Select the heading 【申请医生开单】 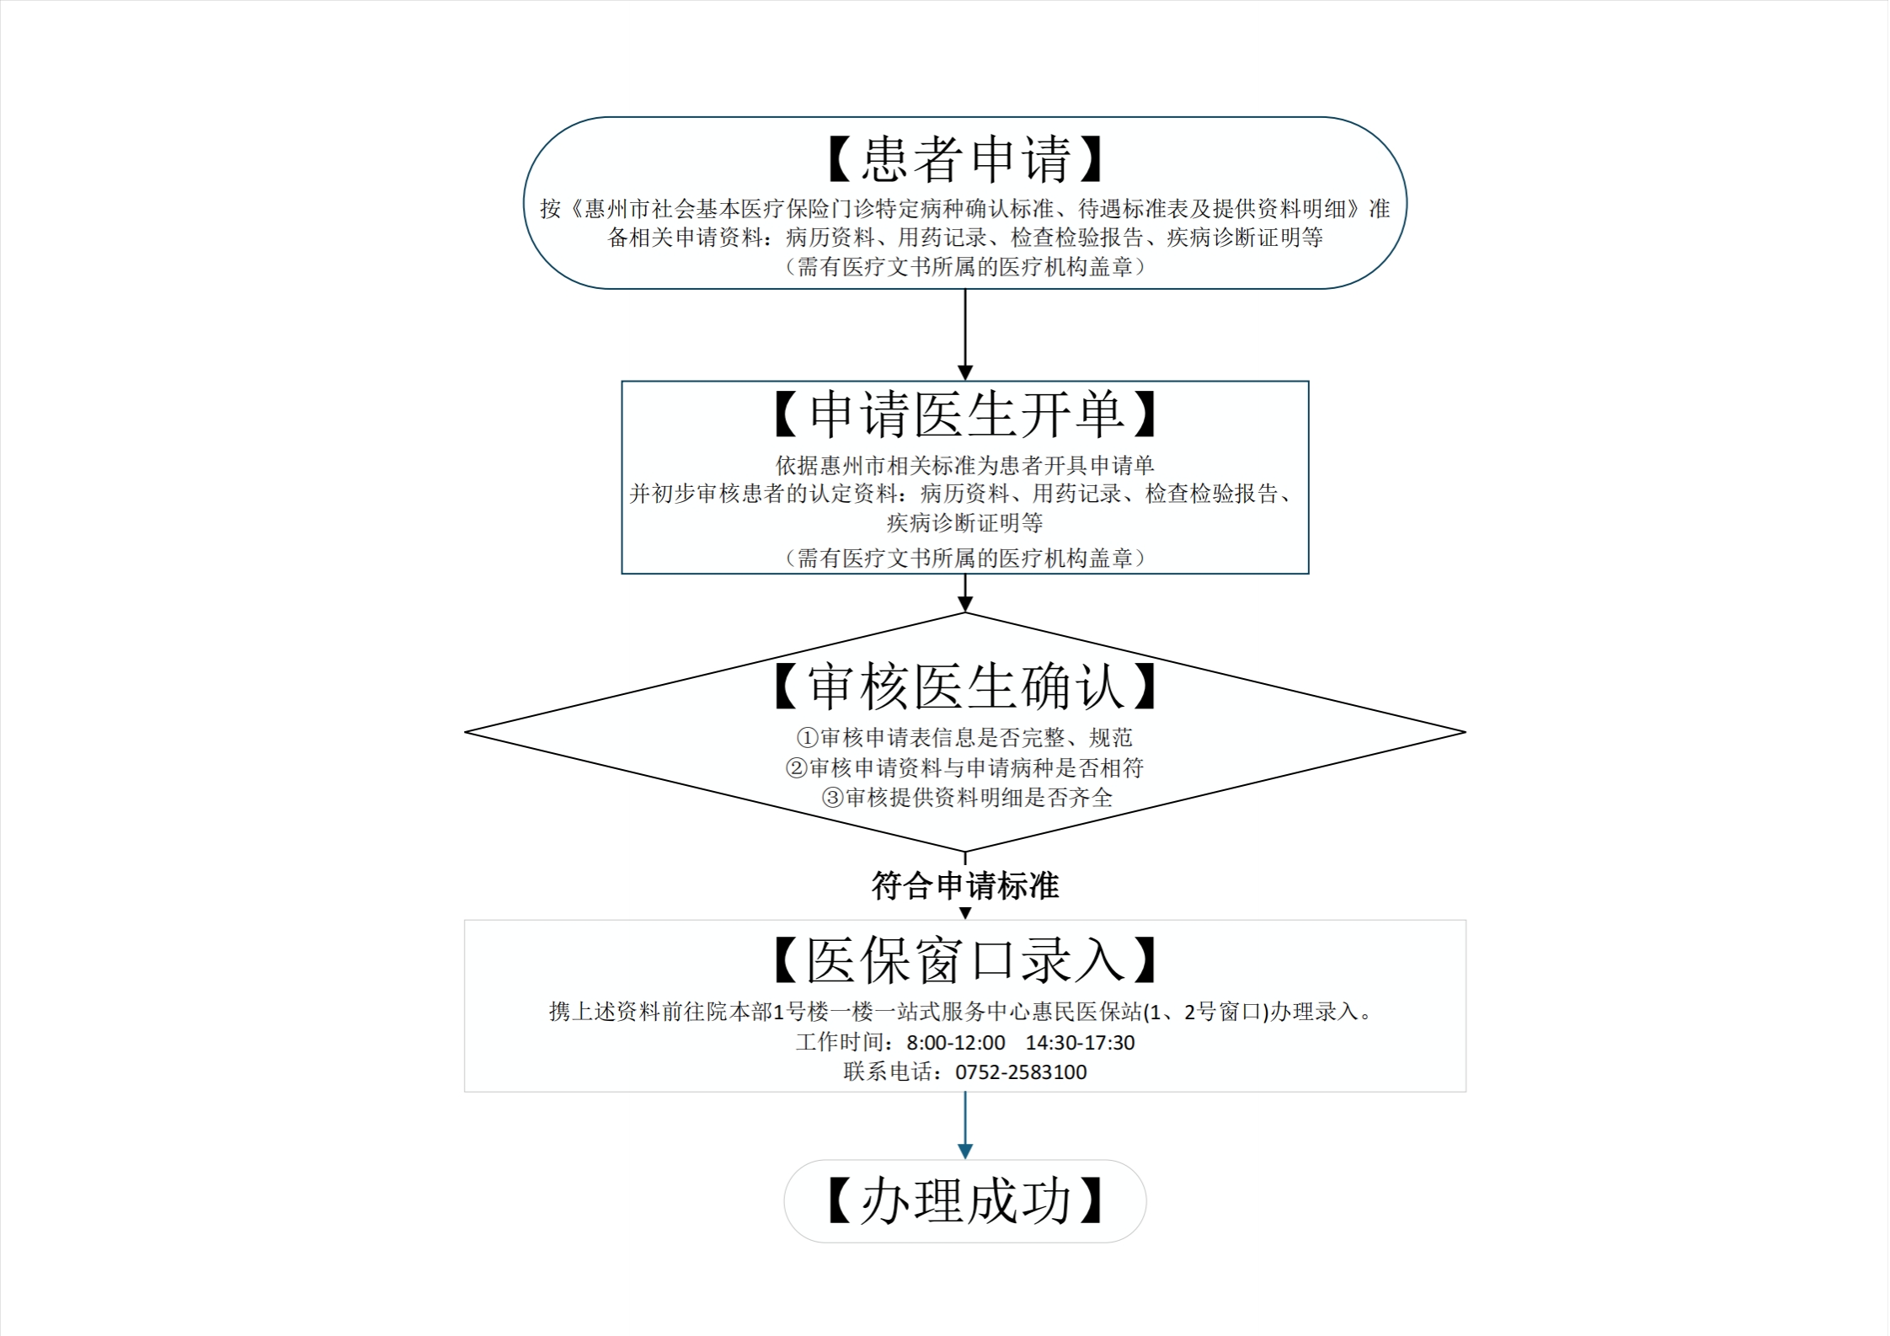[x=964, y=414]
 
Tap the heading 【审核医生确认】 [x=964, y=687]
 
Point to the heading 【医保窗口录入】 [x=964, y=960]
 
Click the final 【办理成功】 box [x=964, y=1201]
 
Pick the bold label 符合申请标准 [x=964, y=886]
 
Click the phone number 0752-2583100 [x=1021, y=1072]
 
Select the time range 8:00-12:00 [x=955, y=1043]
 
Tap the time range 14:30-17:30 [x=1080, y=1043]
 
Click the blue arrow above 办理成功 [x=965, y=1126]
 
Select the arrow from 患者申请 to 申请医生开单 [x=965, y=334]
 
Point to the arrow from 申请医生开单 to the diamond [x=965, y=593]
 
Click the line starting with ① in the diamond [x=964, y=738]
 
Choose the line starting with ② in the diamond [x=964, y=768]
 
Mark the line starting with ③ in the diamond [x=967, y=798]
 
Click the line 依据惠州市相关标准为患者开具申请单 [x=964, y=465]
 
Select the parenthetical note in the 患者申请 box [x=964, y=267]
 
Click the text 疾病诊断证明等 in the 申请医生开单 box [x=964, y=523]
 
